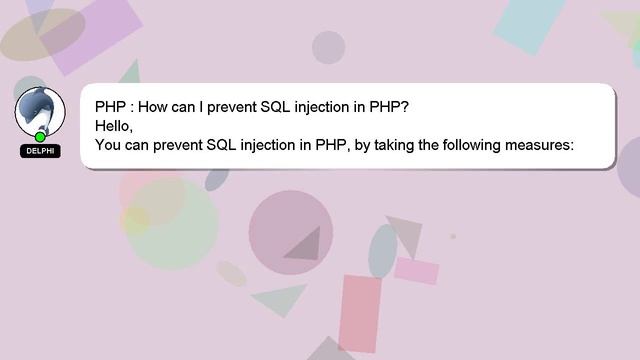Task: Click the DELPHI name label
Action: tap(40, 151)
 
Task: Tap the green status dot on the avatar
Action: tap(40, 137)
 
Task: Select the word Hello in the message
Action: tap(112, 126)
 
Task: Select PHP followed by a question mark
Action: tap(389, 106)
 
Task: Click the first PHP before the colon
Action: tap(110, 106)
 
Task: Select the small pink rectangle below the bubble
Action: tap(416, 270)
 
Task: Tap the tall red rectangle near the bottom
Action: tap(359, 313)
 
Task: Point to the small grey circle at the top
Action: tap(328, 47)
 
